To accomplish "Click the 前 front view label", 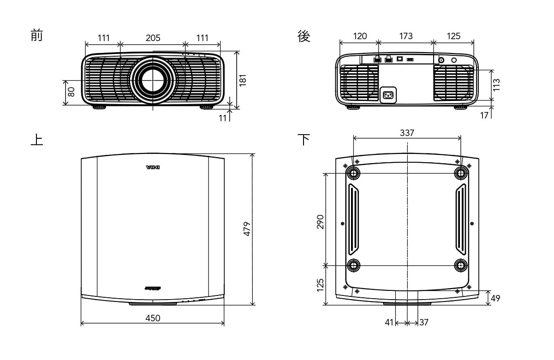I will click(x=36, y=35).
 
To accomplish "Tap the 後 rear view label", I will click(x=304, y=36).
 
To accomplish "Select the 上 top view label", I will click(x=36, y=140).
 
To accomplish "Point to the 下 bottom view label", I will click(x=304, y=139).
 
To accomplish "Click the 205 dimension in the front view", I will click(x=153, y=38).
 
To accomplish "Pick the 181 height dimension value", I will click(x=243, y=80).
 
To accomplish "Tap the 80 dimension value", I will click(x=71, y=92).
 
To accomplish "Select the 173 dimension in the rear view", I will click(x=406, y=36).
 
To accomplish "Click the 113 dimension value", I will click(x=496, y=85).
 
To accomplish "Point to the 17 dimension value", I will click(x=484, y=115).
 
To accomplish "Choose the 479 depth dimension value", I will click(x=247, y=229).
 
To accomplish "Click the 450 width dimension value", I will click(x=153, y=318).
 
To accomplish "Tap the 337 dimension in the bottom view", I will click(x=407, y=133).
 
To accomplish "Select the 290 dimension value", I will click(x=321, y=221).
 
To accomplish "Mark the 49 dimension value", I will click(x=495, y=298).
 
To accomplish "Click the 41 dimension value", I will click(x=389, y=323).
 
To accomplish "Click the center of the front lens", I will click(x=152, y=80).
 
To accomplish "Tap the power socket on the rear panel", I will click(x=388, y=95).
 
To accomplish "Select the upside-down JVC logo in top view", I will click(x=152, y=167).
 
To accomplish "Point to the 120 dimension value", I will click(x=360, y=36).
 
